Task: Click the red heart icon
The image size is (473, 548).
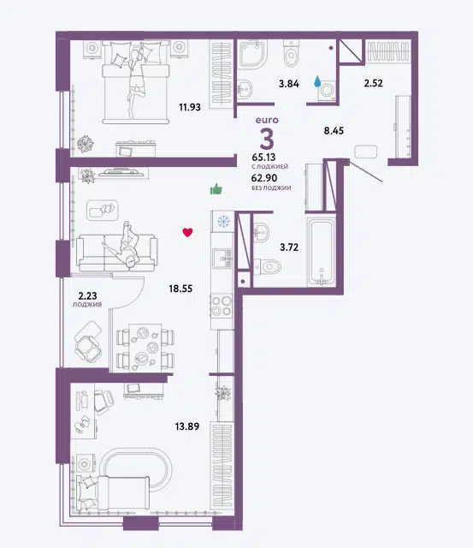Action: pyautogui.click(x=187, y=232)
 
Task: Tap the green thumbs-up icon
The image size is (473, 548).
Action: pyautogui.click(x=216, y=189)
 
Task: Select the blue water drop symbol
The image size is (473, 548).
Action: pyautogui.click(x=317, y=81)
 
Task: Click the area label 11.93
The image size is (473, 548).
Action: pyautogui.click(x=190, y=107)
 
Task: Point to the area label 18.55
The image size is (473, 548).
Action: pyautogui.click(x=180, y=289)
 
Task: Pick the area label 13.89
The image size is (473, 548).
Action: pyautogui.click(x=187, y=426)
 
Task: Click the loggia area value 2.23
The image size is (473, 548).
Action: pyautogui.click(x=87, y=296)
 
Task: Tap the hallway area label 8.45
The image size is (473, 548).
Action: pyautogui.click(x=334, y=131)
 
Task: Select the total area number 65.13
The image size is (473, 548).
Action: pyautogui.click(x=263, y=158)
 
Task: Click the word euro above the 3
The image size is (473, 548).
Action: pyautogui.click(x=267, y=120)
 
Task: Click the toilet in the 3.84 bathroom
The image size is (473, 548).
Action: pyautogui.click(x=291, y=53)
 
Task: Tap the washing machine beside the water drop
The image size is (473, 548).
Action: pyautogui.click(x=328, y=91)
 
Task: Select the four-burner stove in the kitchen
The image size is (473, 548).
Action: pyautogui.click(x=222, y=306)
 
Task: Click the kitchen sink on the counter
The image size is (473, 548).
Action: pyautogui.click(x=222, y=259)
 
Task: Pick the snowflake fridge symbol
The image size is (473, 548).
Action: pyautogui.click(x=223, y=221)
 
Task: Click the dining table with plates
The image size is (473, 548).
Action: pyautogui.click(x=145, y=348)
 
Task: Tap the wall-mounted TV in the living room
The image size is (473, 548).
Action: pyautogui.click(x=124, y=172)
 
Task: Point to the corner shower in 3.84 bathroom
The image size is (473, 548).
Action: pyautogui.click(x=252, y=53)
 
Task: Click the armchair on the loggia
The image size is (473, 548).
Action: pyautogui.click(x=89, y=342)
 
